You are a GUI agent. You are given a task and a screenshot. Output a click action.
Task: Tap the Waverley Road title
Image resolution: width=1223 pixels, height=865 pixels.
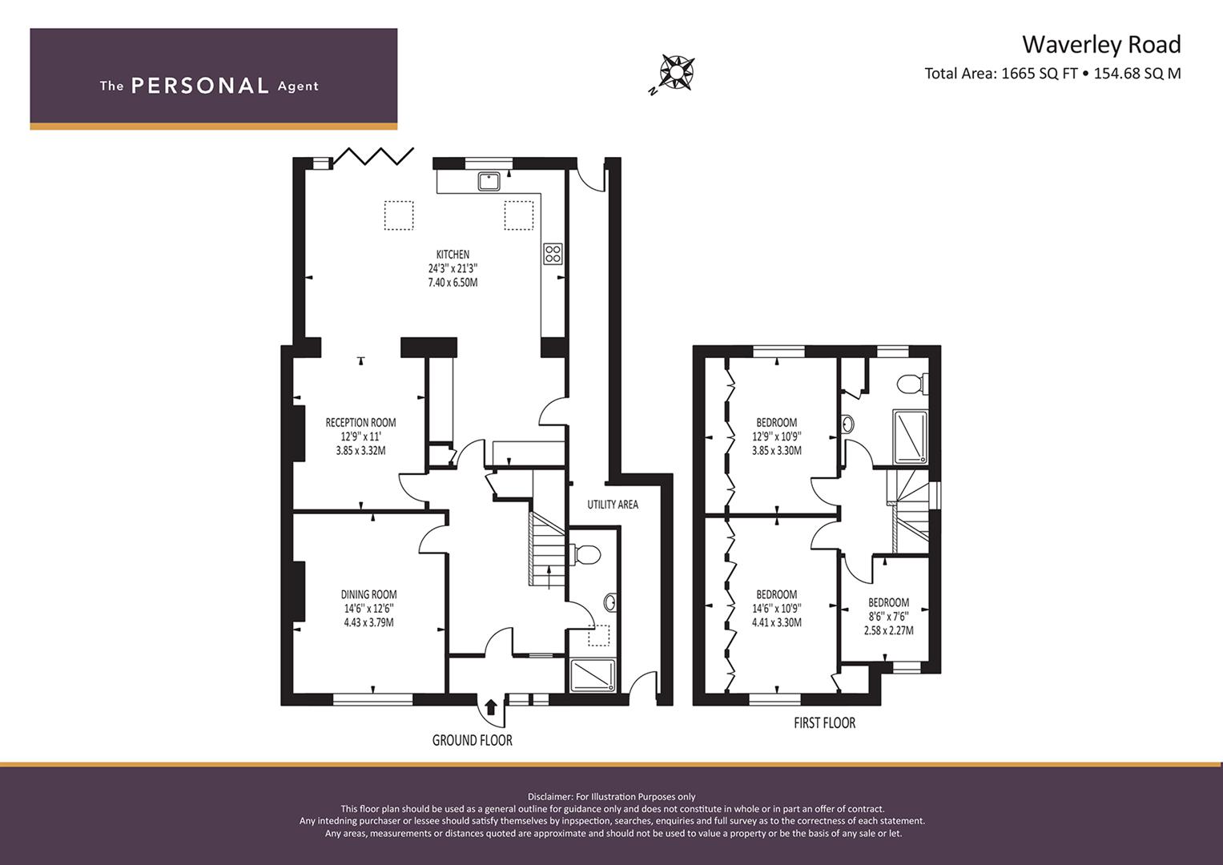click(1101, 44)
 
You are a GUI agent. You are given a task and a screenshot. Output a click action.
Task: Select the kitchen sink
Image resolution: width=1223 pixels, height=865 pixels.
click(489, 181)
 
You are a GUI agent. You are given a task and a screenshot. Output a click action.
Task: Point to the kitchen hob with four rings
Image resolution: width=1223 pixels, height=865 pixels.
click(553, 254)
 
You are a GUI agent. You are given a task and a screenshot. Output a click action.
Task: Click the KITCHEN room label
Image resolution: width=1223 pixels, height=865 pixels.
click(453, 255)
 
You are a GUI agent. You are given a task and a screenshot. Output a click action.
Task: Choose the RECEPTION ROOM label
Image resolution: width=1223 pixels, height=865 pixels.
click(360, 423)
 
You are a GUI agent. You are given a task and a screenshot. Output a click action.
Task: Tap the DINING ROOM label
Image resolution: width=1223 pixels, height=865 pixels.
click(368, 594)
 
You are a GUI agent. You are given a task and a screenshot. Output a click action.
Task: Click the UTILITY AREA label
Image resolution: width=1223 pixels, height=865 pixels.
click(613, 505)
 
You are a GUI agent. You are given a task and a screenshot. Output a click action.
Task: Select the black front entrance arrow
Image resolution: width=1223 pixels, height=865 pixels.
click(491, 707)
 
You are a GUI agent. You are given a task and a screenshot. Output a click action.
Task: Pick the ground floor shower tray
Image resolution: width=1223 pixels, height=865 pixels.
click(593, 676)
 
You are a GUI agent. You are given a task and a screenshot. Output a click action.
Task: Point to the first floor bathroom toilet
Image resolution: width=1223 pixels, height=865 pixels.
click(912, 384)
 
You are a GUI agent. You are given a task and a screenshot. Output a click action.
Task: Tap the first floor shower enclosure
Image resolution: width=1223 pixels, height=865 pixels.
click(910, 437)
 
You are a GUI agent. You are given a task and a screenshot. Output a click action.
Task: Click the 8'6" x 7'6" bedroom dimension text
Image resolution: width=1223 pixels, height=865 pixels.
click(889, 617)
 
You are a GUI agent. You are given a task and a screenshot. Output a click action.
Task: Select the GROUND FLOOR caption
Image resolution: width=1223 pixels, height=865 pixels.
click(473, 741)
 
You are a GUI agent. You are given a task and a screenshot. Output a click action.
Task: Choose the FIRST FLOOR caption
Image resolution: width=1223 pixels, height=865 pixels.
click(824, 723)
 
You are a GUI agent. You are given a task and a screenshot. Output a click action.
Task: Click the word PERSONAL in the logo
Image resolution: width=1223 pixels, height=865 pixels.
click(200, 86)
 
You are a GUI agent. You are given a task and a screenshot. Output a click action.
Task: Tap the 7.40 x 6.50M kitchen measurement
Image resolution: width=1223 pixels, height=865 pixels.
click(453, 283)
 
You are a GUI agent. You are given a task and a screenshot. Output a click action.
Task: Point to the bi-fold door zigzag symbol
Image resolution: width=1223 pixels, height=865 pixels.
click(373, 155)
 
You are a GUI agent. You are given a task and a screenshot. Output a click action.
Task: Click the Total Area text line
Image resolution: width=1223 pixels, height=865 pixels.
click(1052, 73)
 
